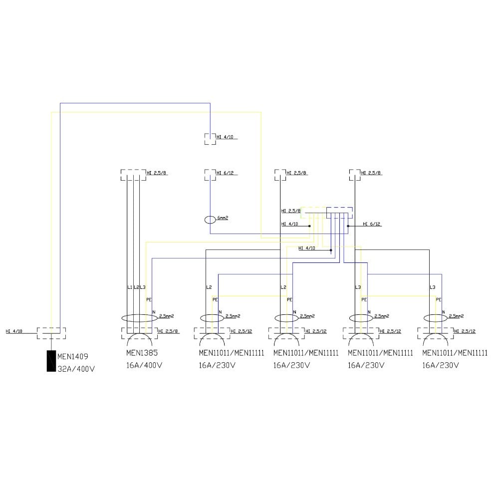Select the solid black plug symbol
point(51,361)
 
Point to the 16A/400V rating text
point(144,365)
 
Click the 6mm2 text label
point(223,218)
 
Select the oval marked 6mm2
point(210,219)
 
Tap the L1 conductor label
point(130,287)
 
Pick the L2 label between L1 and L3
point(136,287)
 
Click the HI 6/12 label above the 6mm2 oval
point(226,173)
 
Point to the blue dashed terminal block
point(339,213)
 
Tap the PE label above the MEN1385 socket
point(148,299)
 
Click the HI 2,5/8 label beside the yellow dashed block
point(291,211)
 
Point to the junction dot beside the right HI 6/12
point(348,226)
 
